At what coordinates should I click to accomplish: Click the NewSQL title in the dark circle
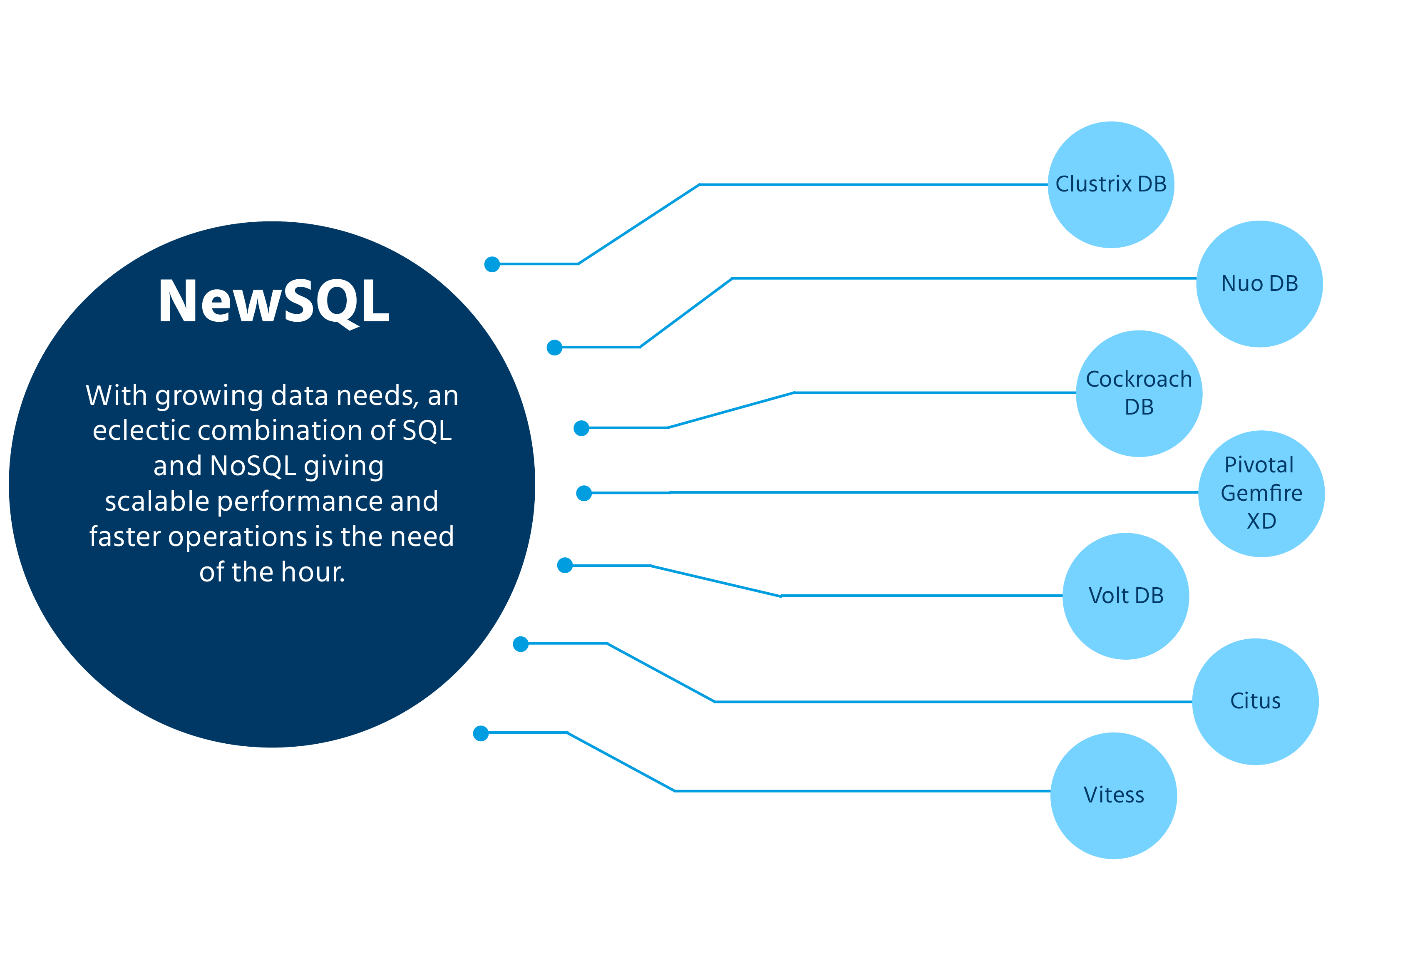point(273,301)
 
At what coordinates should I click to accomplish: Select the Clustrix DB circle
point(1111,184)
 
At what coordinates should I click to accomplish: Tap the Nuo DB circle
point(1259,284)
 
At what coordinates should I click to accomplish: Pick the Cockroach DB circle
point(1139,394)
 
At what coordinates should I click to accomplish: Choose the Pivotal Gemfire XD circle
point(1261,494)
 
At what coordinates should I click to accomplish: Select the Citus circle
point(1255,701)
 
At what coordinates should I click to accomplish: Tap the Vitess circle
point(1113,795)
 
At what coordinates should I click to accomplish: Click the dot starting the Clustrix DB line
point(492,265)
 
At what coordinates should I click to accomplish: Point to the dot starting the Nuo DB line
point(554,348)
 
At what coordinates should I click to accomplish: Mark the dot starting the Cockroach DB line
point(581,428)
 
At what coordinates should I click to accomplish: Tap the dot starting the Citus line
point(521,644)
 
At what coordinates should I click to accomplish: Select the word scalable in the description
point(158,502)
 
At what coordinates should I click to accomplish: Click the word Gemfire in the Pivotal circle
point(1261,494)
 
